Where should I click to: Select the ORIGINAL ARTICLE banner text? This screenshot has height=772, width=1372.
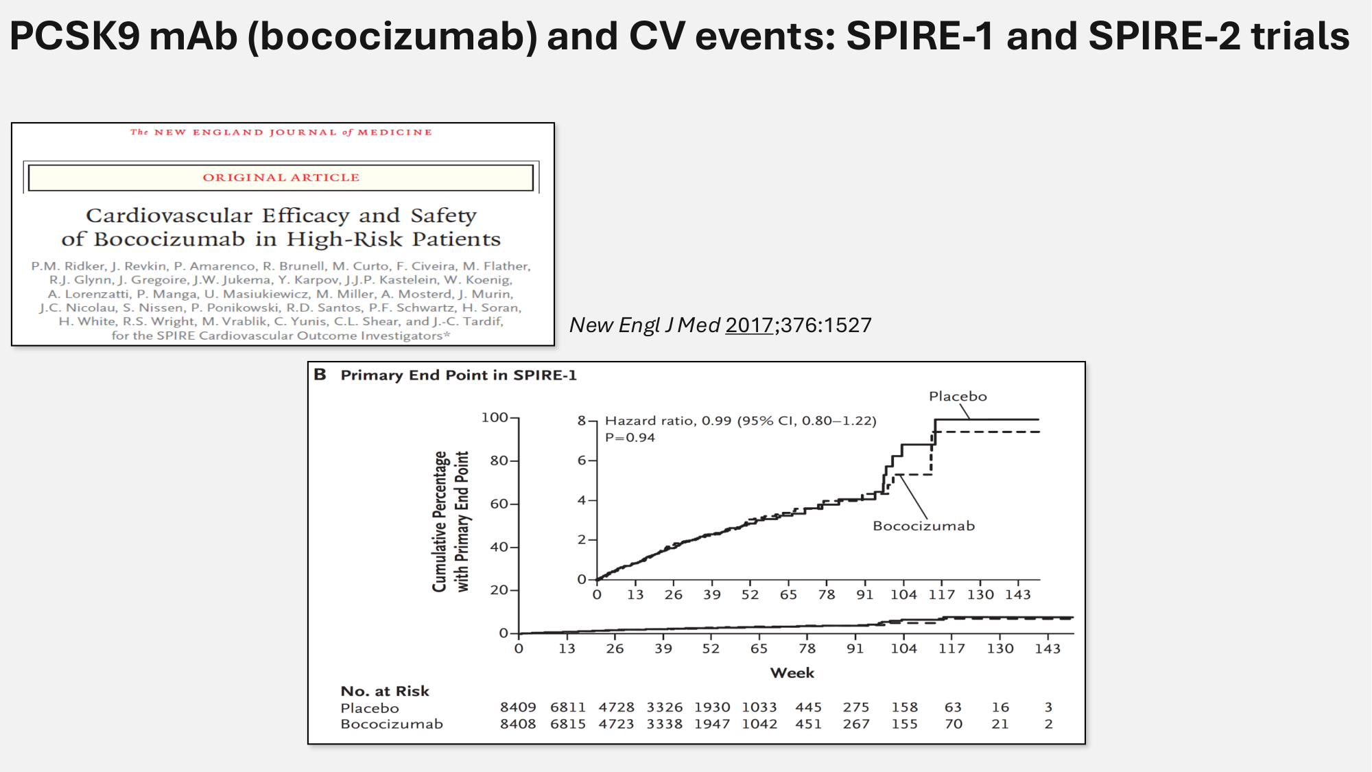[281, 178]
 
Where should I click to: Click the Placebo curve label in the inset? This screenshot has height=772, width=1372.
[958, 397]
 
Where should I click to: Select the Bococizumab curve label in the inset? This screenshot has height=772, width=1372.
[923, 526]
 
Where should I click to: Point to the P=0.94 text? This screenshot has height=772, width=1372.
[630, 438]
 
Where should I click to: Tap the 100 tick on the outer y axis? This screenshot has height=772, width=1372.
[495, 418]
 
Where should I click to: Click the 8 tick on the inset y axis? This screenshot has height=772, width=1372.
[582, 421]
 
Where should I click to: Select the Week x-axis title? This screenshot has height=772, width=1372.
[792, 673]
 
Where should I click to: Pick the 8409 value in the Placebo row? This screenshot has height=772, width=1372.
[518, 707]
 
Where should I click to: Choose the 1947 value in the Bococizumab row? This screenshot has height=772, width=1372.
[712, 724]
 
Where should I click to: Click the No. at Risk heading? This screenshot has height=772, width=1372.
[385, 691]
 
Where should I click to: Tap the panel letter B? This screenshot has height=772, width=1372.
[320, 375]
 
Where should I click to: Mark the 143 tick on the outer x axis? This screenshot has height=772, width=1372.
[1048, 648]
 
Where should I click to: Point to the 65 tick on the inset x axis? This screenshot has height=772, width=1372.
[788, 595]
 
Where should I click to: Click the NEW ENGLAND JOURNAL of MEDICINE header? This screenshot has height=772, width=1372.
[281, 132]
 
